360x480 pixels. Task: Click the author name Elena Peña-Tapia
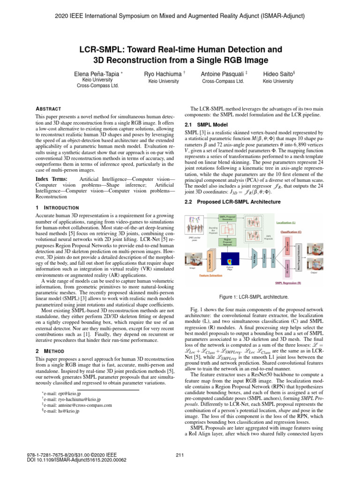click(96, 74)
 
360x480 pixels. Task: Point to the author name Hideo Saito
click(277, 74)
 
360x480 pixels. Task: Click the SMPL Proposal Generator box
click(229, 217)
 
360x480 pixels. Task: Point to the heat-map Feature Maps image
click(230, 260)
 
